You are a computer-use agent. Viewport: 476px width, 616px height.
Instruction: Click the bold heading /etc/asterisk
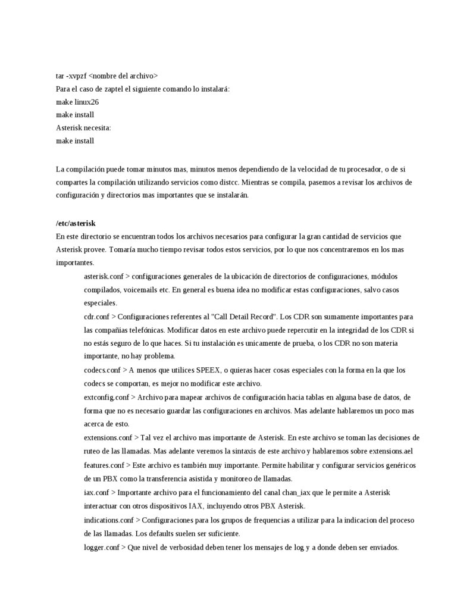76,223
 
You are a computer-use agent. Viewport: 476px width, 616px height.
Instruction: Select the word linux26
87,102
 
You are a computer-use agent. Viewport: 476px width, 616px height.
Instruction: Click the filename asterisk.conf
104,277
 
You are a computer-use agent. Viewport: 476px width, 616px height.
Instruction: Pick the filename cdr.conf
96,317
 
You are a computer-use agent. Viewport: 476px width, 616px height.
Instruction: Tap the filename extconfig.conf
107,397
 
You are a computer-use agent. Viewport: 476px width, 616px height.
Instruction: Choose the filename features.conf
104,464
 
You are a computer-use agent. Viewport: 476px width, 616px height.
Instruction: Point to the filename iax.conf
96,492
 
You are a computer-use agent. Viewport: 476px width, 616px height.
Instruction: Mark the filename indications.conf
109,520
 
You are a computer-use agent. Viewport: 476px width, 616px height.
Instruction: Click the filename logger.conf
102,547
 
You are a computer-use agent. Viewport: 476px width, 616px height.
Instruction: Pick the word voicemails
142,290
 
